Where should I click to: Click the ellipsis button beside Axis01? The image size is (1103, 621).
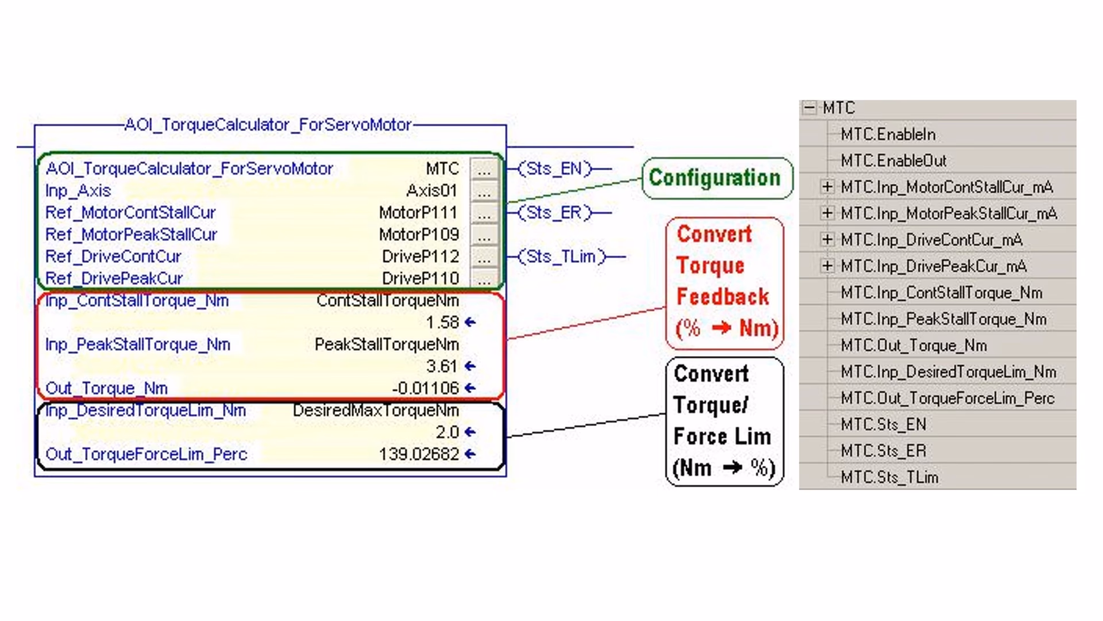coord(484,191)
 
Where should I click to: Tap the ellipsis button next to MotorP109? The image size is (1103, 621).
coord(484,235)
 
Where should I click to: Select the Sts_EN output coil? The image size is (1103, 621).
coord(554,168)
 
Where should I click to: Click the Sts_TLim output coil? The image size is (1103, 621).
coord(562,256)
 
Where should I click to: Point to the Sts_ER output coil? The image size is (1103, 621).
coord(554,213)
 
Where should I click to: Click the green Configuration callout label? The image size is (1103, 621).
coord(715,178)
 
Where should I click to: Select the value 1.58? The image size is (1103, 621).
coord(442,323)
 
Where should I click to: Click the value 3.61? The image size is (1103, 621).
coord(442,366)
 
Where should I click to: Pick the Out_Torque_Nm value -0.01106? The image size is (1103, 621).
coord(425,388)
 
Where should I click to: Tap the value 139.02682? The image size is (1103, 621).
coord(419,454)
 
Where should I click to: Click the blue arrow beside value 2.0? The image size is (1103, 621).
coord(470,432)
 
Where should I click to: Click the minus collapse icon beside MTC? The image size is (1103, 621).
coord(809,108)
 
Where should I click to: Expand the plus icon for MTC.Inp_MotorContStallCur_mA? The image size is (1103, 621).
coord(827,187)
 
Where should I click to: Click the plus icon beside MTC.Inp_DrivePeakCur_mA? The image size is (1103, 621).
coord(827,266)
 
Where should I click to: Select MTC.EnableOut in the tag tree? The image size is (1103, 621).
coord(893,160)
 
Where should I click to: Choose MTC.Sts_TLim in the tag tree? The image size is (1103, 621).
coord(889,477)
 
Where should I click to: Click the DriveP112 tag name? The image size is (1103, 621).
coord(421,256)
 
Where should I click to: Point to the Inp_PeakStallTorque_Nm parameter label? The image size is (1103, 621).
coord(138,344)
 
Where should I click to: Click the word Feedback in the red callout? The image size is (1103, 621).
coord(723,297)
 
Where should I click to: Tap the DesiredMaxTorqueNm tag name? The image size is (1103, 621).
coord(376,411)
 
